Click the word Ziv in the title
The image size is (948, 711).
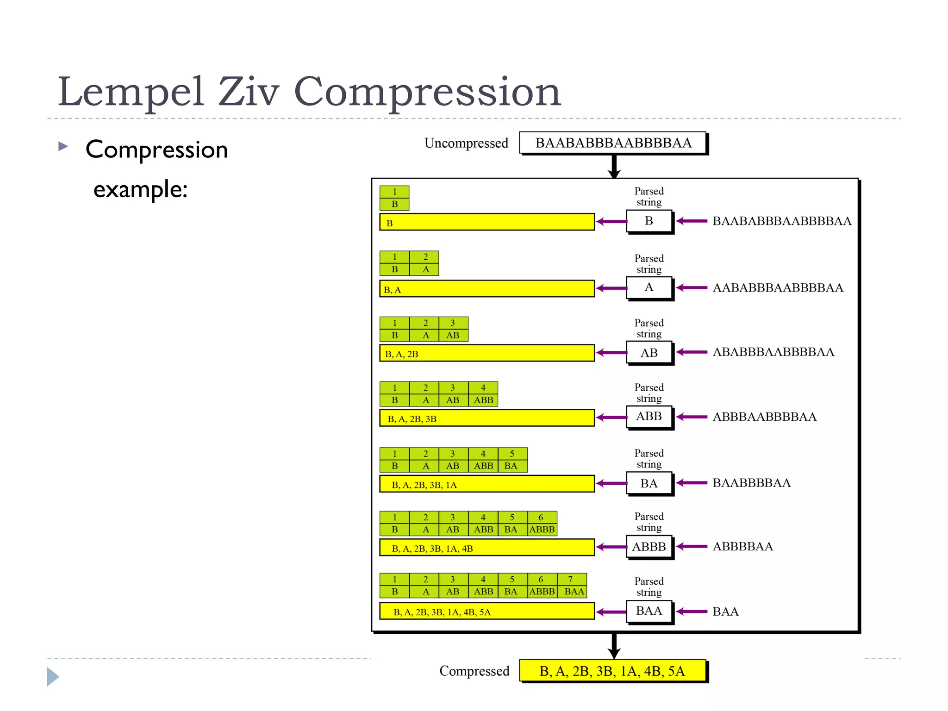tap(249, 92)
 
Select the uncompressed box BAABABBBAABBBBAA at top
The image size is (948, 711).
tap(613, 143)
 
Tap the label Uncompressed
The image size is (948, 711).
tap(466, 143)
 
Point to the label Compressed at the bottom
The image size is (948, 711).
tap(474, 671)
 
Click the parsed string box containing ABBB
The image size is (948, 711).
tap(649, 547)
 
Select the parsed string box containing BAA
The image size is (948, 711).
tap(649, 611)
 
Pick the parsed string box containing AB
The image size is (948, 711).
tap(649, 353)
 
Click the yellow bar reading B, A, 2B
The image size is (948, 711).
tap(486, 353)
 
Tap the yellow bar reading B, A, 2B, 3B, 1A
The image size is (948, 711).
tap(486, 484)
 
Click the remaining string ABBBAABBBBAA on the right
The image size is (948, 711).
tap(764, 417)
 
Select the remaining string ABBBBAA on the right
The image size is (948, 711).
tap(742, 547)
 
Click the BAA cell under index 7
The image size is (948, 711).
tap(574, 592)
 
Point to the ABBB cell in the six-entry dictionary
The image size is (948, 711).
tap(542, 530)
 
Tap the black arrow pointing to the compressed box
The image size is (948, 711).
tap(614, 646)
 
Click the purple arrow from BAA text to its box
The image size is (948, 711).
tap(692, 611)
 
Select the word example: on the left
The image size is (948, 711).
tap(140, 189)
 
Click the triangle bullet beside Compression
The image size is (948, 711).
tap(63, 147)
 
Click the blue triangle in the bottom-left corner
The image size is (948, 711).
tap(53, 677)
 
